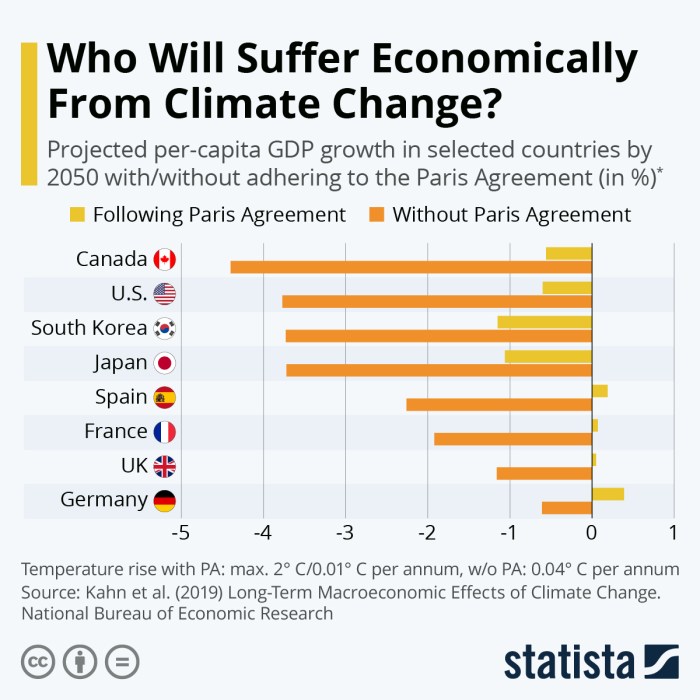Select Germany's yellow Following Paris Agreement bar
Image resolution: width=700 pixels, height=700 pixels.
coord(607,494)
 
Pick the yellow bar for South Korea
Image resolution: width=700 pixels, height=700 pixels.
coord(544,322)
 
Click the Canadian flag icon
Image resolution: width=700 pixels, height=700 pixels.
coord(165,260)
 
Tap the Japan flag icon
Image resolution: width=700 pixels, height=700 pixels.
coord(165,363)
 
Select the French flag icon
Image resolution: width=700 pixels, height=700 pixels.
coord(165,432)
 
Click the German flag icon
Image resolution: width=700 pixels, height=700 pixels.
coord(165,500)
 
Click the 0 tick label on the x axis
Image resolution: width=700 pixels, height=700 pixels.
coord(591,531)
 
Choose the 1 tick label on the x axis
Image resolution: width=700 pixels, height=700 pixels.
coord(673,531)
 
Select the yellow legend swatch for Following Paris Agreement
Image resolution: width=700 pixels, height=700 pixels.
coord(77,214)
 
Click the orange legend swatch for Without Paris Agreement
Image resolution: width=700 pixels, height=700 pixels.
coord(376,214)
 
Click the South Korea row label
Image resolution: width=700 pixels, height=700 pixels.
coord(89,328)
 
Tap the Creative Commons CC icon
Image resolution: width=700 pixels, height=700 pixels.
coord(38,661)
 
